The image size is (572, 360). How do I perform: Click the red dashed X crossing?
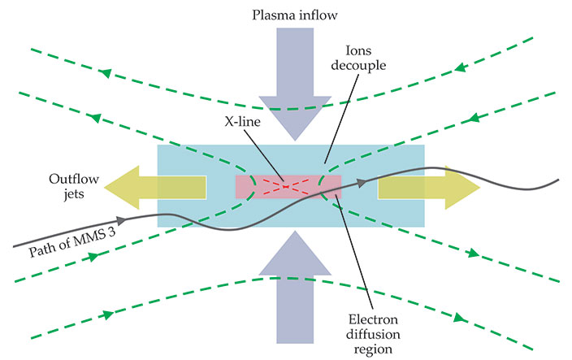288,186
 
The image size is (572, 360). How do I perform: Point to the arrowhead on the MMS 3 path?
122,219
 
